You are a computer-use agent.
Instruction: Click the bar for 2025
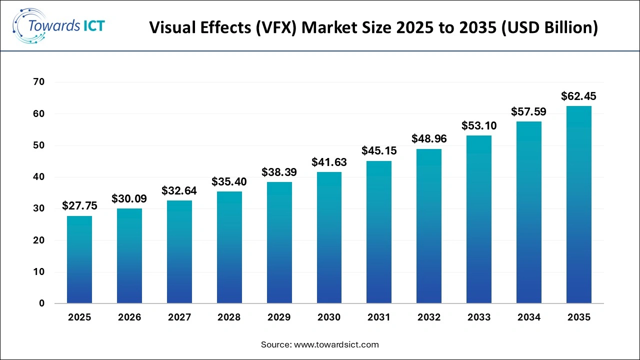coord(79,259)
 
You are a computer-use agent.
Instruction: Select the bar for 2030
coord(329,237)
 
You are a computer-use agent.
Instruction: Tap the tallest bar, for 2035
coord(578,204)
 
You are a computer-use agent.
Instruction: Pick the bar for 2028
coord(229,247)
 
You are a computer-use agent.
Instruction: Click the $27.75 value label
coord(79,205)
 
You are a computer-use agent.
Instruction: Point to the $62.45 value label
coord(578,96)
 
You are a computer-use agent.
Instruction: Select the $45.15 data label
coord(379,150)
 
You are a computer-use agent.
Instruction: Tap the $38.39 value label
coord(279,172)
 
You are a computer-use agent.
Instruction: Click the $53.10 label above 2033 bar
coord(478,125)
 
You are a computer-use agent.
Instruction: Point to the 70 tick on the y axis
coord(39,82)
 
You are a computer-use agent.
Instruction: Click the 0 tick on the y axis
coord(42,303)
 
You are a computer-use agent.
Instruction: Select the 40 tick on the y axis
coord(39,177)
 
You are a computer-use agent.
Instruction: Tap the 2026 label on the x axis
coord(129,317)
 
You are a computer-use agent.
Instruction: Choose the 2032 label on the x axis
coord(429,317)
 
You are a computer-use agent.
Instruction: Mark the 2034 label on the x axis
coord(528,317)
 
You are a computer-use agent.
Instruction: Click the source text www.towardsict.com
coord(337,344)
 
